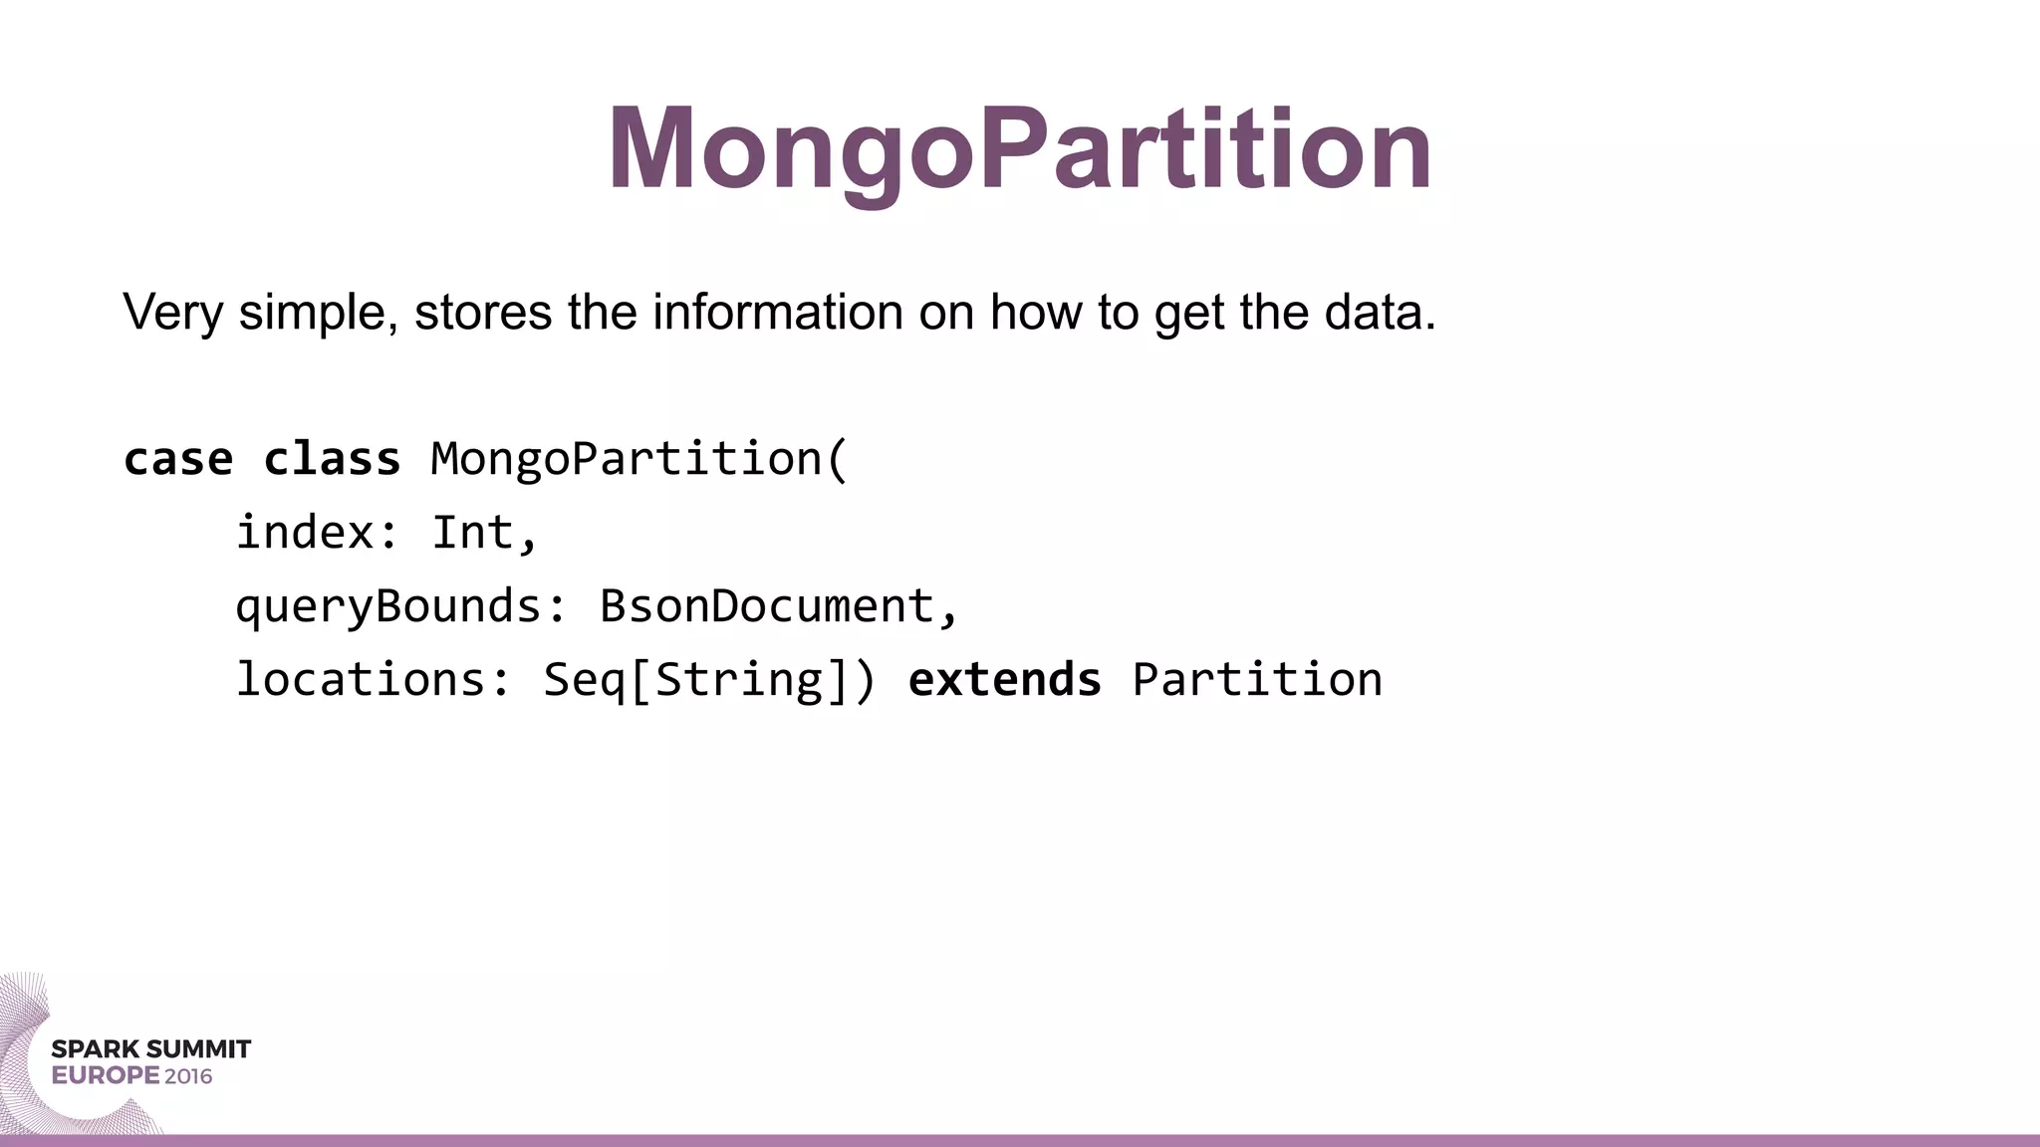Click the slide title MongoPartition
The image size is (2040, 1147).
pos(1019,149)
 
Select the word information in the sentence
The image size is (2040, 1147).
pos(777,313)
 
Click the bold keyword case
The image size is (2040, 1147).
pos(178,459)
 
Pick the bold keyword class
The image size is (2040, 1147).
pos(332,459)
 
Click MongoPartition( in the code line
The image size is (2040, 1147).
pos(638,459)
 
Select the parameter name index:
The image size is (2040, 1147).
pos(317,533)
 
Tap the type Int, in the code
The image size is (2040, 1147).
pos(484,533)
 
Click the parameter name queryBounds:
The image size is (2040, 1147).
pos(400,606)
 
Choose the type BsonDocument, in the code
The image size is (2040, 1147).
pos(778,606)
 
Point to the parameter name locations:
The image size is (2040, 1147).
pos(373,680)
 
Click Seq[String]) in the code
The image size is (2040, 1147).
pos(708,680)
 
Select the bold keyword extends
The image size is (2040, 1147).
pos(1004,680)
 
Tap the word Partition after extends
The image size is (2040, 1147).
pos(1257,680)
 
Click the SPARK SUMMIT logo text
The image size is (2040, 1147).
pos(150,1049)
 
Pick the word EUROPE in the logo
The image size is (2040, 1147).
pos(106,1076)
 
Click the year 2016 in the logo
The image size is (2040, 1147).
pos(188,1076)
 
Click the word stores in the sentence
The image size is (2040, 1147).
pos(482,313)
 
